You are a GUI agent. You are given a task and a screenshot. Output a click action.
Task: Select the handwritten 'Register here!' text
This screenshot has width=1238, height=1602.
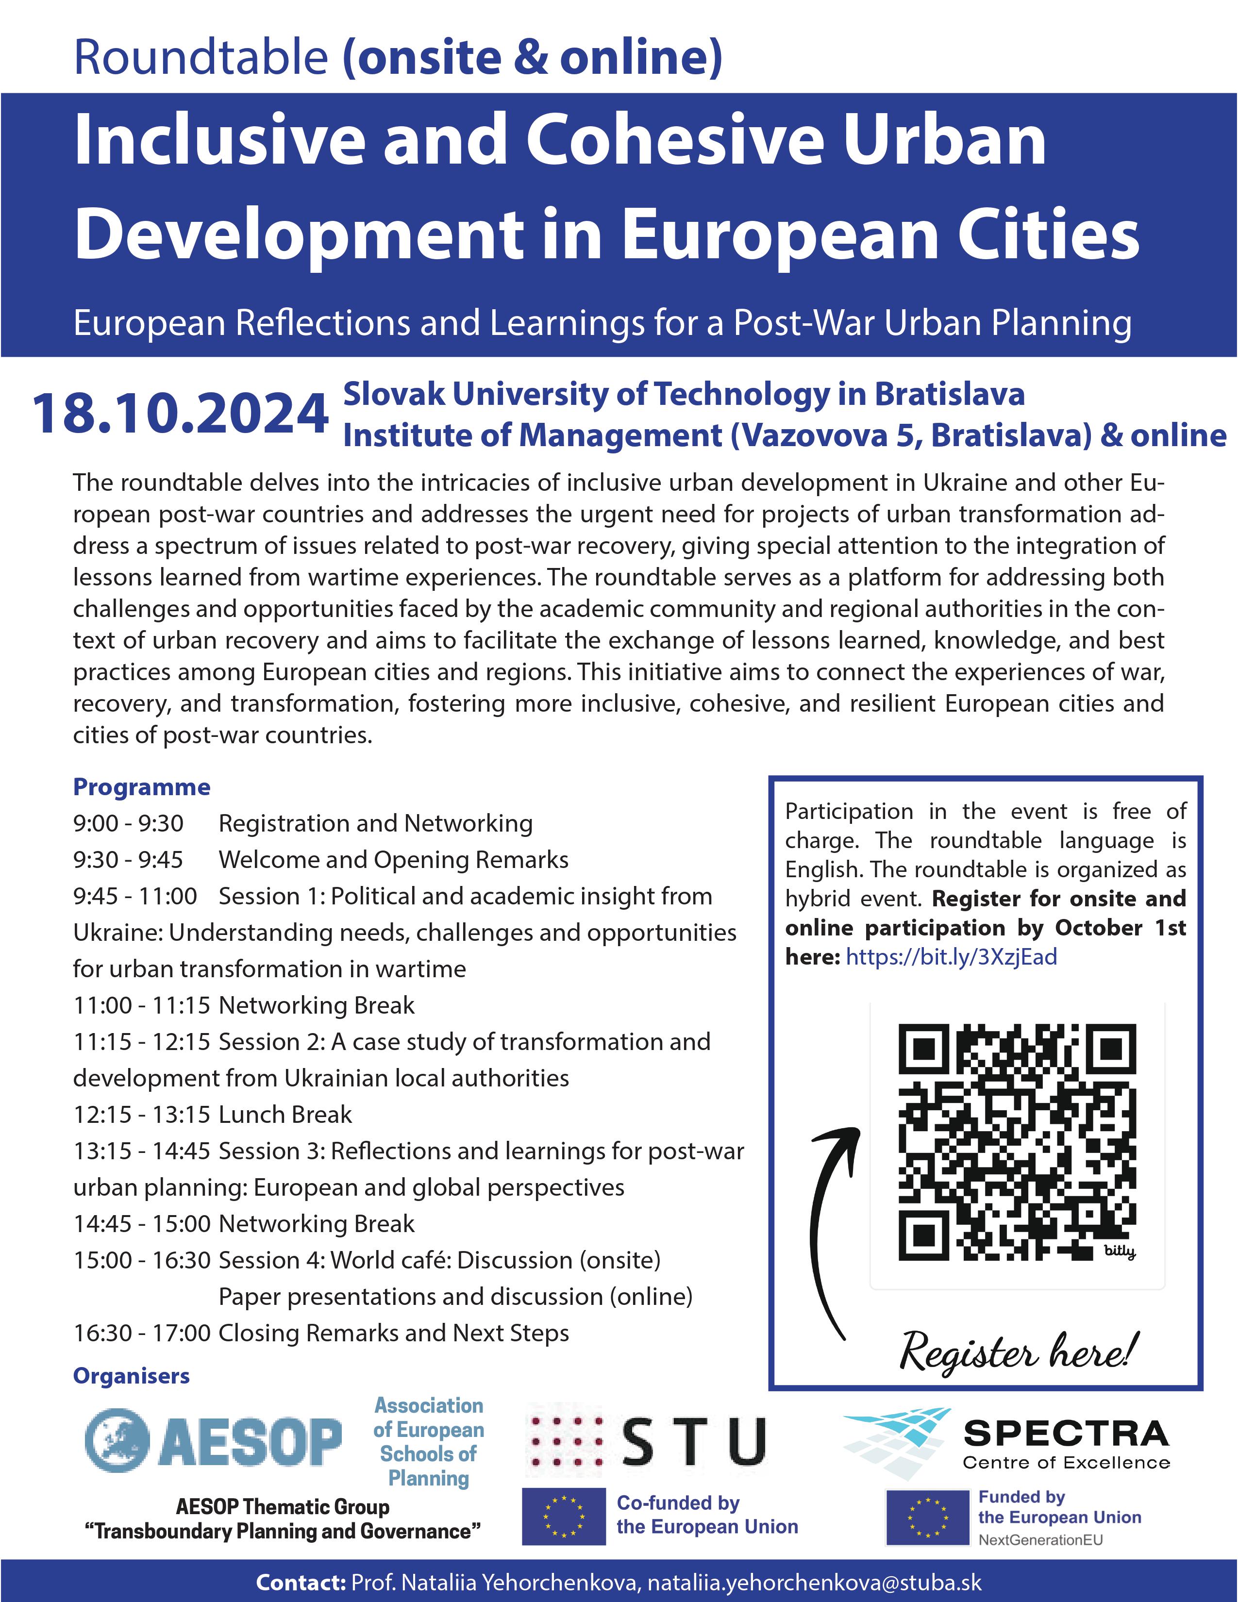[1020, 1351]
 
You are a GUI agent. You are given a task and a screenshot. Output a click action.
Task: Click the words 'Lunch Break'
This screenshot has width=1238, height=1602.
[285, 1114]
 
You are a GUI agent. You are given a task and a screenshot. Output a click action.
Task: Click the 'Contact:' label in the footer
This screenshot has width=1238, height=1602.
[301, 1582]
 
